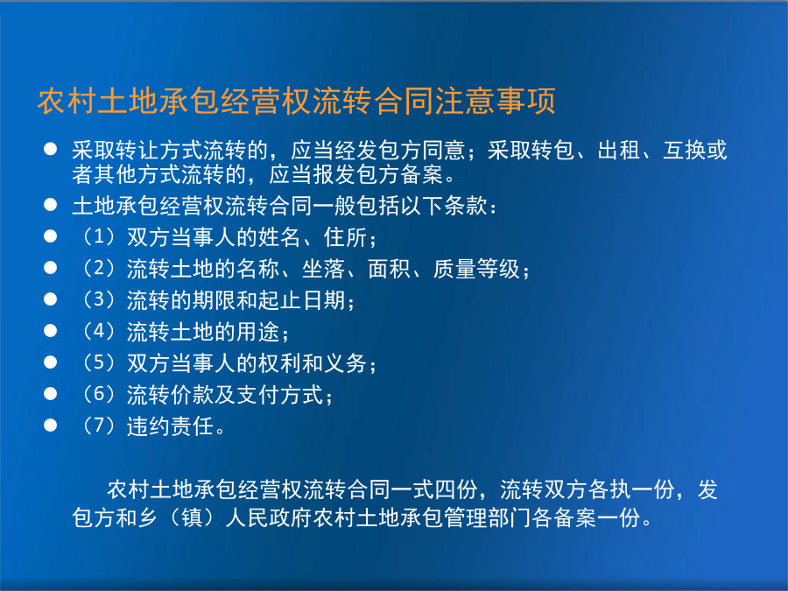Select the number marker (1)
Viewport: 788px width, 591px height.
98,236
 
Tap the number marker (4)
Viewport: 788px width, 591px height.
98,331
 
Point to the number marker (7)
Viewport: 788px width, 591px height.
98,426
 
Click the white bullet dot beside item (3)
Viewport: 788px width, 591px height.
50,299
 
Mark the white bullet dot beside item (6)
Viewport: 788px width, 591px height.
50,394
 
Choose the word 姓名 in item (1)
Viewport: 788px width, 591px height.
280,237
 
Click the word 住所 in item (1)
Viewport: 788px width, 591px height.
346,237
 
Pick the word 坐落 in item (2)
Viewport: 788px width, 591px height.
324,269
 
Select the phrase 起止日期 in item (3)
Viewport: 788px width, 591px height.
302,300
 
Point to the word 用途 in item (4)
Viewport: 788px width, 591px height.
258,332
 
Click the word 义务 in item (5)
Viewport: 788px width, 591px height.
346,363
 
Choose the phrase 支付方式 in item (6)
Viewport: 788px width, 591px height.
280,395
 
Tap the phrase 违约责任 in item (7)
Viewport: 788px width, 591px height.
171,426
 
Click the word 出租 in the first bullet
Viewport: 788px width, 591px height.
619,151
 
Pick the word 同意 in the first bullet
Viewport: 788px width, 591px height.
444,151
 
